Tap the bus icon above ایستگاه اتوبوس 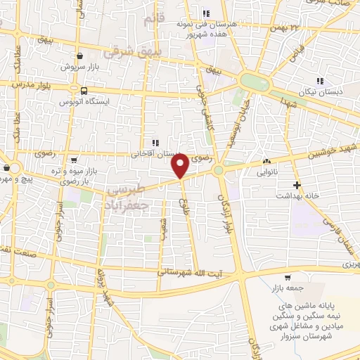(x=84, y=91)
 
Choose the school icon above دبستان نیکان (x=321, y=81)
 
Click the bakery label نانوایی (x=268, y=171)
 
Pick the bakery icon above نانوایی (x=266, y=160)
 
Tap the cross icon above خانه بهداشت (x=297, y=186)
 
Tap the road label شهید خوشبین (x=333, y=150)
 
